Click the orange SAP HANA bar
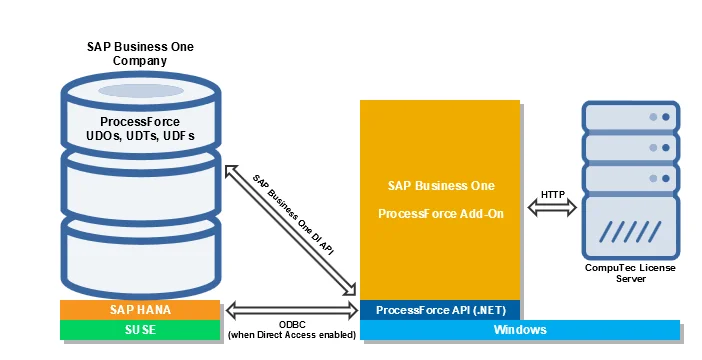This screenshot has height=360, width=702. coord(140,310)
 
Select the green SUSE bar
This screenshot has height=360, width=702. coord(140,330)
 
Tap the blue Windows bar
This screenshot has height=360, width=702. coord(519,330)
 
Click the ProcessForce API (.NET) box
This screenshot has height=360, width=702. coord(440,310)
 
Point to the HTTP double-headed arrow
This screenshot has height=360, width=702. coord(553,208)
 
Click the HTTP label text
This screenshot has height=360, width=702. coord(553,193)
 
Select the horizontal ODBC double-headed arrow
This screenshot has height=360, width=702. coord(291,309)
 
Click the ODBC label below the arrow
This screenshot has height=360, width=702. coord(292,323)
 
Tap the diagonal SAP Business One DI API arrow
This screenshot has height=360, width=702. coord(291,231)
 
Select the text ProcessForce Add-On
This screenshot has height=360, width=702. coord(439,214)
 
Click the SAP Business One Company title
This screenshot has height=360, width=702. coord(139,54)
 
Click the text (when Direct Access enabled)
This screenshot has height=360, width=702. coord(292,334)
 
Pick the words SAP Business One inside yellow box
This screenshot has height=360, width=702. coord(439,186)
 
